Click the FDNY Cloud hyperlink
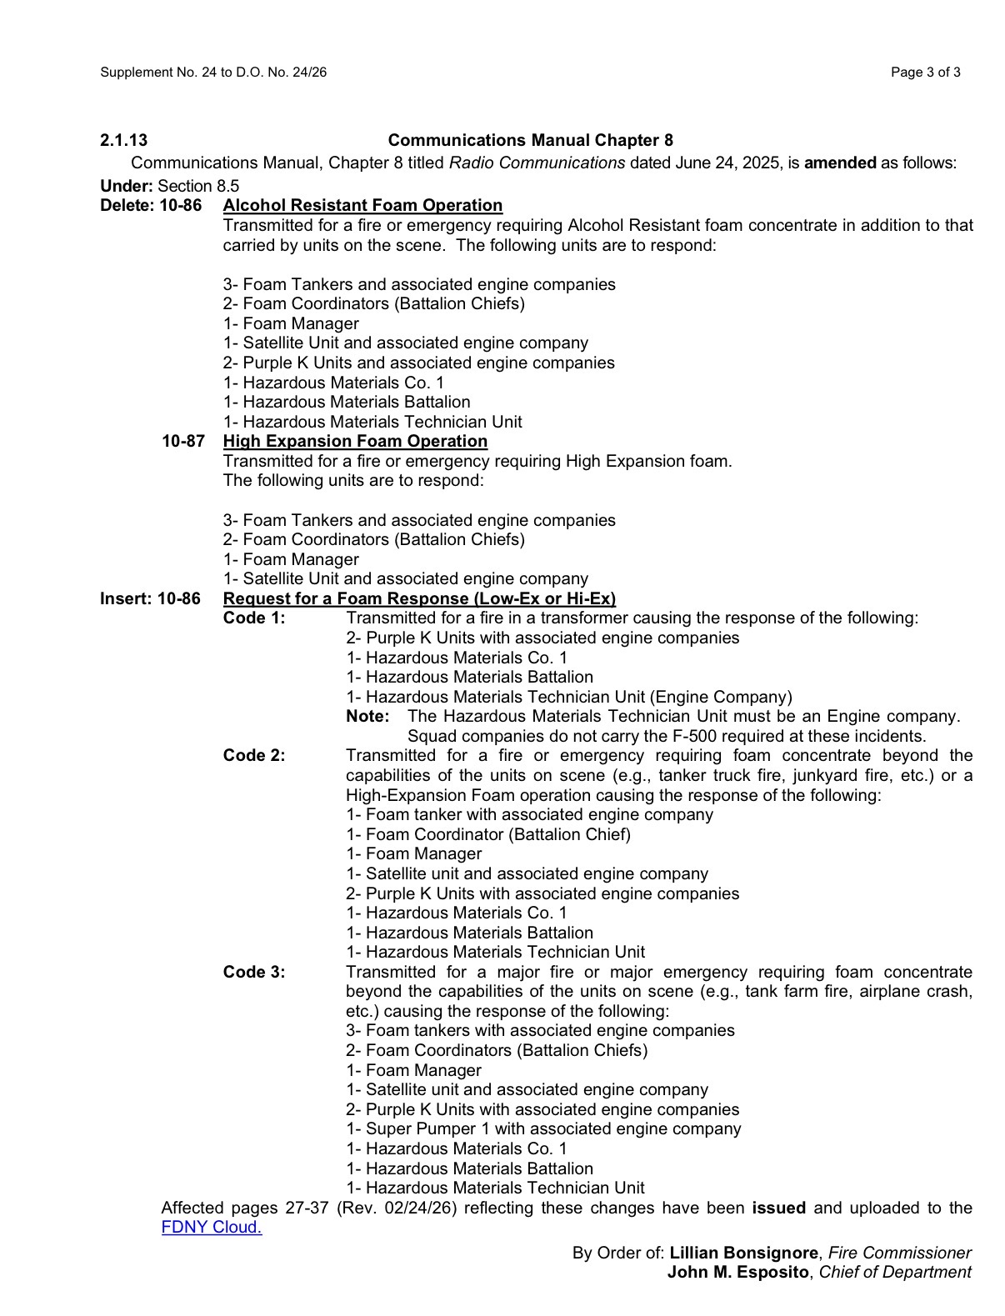click(x=212, y=1227)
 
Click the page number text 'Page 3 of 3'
click(x=925, y=73)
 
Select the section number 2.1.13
click(x=124, y=140)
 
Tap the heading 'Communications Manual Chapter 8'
click(x=530, y=140)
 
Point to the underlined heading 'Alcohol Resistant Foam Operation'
click(x=362, y=205)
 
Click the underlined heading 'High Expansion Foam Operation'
click(x=355, y=441)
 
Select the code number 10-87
click(x=183, y=441)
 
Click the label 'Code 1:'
click(x=254, y=618)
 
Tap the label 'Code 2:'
click(x=254, y=755)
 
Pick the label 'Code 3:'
click(x=254, y=972)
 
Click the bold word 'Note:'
click(x=367, y=716)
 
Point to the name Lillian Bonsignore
click(x=743, y=1253)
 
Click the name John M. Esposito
click(x=737, y=1272)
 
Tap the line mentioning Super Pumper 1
click(x=543, y=1128)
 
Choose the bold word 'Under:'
click(x=127, y=186)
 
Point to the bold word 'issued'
click(x=778, y=1208)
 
